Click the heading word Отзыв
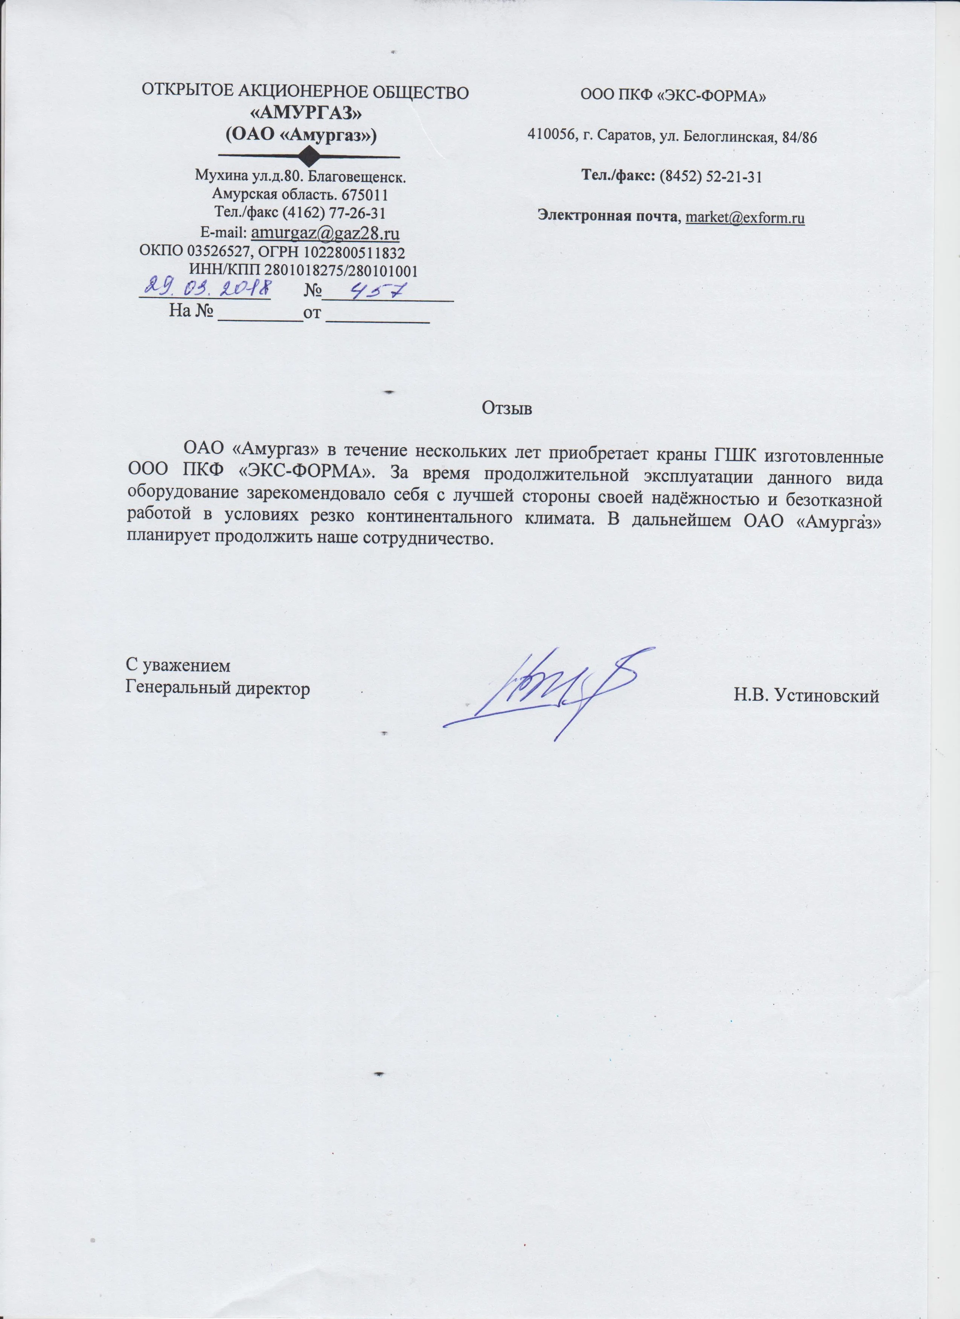coord(507,408)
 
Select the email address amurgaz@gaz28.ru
coord(324,232)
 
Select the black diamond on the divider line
coord(309,156)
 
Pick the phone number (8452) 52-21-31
coord(710,177)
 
